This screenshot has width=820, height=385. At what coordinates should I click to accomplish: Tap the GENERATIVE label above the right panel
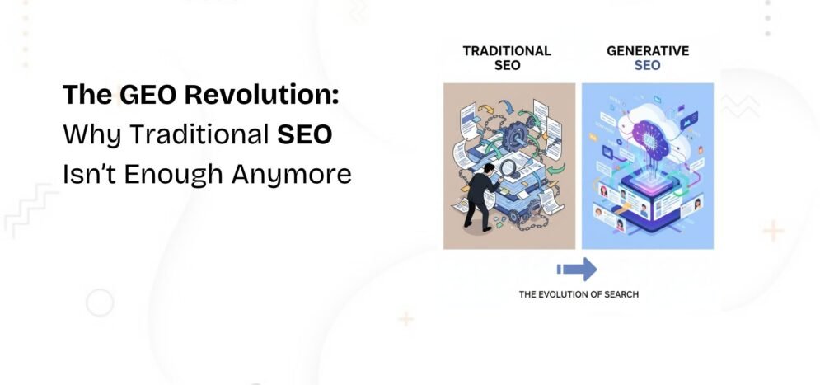pos(647,49)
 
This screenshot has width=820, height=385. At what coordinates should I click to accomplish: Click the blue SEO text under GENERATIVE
pos(647,65)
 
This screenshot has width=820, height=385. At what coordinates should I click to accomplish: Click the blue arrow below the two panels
pos(577,269)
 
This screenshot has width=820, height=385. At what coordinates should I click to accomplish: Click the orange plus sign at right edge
pos(773,232)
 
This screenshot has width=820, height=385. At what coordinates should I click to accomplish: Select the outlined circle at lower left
pos(100,303)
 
